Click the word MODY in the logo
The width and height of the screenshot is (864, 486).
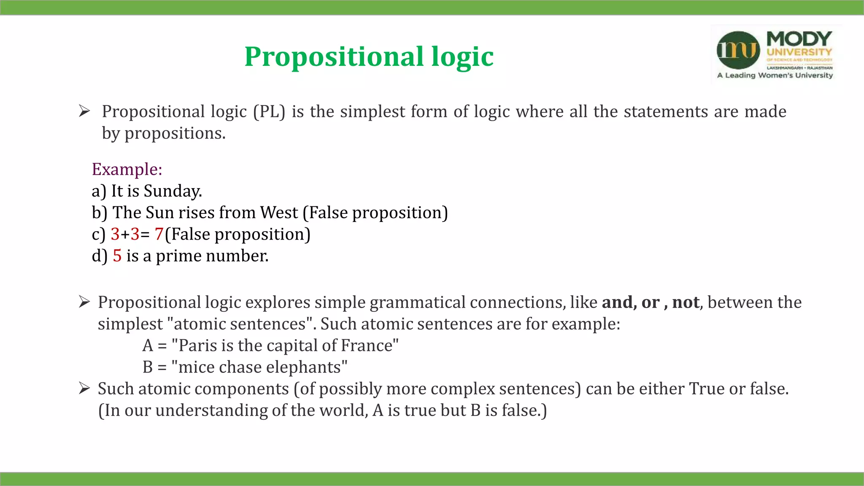point(799,39)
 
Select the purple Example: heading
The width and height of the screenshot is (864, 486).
point(127,169)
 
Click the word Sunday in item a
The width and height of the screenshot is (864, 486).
point(172,191)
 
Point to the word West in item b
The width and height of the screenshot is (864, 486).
point(279,213)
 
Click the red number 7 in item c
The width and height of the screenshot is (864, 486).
point(159,234)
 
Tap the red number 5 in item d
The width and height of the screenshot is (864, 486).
point(117,256)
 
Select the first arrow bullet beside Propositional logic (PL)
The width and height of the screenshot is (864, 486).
point(84,111)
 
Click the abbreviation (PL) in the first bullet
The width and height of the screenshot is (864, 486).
point(269,112)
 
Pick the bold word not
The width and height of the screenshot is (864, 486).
point(686,302)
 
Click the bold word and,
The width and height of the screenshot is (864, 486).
point(619,302)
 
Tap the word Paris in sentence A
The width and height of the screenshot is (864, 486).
point(197,346)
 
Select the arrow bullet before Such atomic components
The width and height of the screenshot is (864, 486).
point(84,389)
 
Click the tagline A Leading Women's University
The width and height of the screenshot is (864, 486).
point(775,76)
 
